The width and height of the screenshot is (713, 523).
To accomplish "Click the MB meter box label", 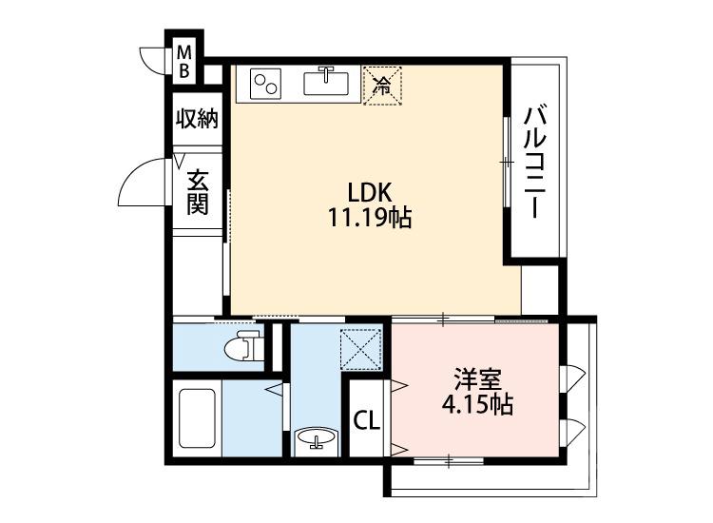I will (185, 60).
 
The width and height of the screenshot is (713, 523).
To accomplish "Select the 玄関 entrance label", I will (197, 191).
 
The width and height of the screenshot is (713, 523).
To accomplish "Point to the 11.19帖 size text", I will (369, 220).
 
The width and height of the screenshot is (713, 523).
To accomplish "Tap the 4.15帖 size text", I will (477, 406).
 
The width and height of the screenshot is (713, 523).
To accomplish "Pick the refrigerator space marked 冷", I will (383, 86).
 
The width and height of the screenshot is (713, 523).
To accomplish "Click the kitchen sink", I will (327, 83).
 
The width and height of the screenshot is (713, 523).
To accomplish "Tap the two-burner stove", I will (265, 84).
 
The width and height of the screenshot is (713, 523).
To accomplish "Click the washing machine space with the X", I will (361, 347).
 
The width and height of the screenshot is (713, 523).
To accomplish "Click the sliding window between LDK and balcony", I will (507, 162).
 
